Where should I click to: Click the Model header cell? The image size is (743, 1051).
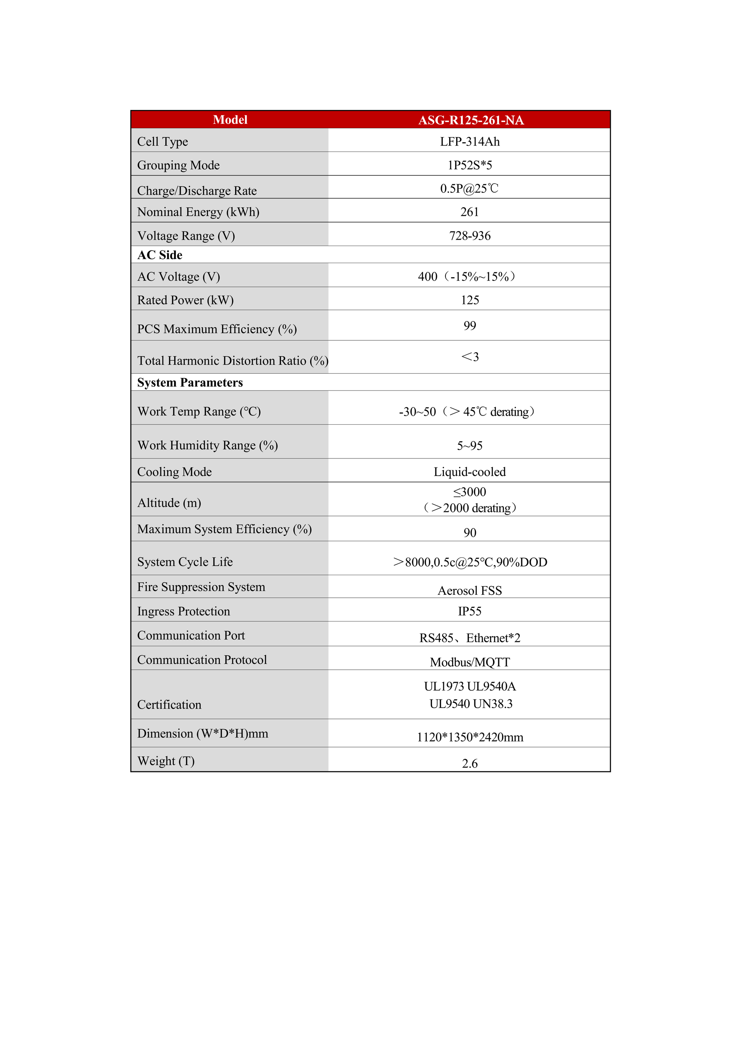pyautogui.click(x=230, y=120)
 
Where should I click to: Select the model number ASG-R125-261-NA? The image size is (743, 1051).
pyautogui.click(x=471, y=120)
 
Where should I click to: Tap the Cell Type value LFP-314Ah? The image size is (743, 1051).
pyautogui.click(x=470, y=142)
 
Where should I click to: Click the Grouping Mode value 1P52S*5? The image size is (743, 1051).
pyautogui.click(x=470, y=165)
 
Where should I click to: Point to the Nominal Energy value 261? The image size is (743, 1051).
pyautogui.click(x=469, y=212)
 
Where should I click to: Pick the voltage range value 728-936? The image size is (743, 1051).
pyautogui.click(x=470, y=236)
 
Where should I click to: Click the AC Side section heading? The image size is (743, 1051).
pyautogui.click(x=160, y=255)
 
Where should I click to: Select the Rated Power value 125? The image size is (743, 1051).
pyautogui.click(x=470, y=300)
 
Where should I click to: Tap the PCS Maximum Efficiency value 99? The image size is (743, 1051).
pyautogui.click(x=470, y=325)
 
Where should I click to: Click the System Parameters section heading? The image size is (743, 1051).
pyautogui.click(x=190, y=383)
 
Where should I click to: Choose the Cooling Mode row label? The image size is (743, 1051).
pyautogui.click(x=175, y=472)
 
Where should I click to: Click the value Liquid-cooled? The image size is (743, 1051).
pyautogui.click(x=470, y=472)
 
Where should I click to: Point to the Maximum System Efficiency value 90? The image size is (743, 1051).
pyautogui.click(x=470, y=533)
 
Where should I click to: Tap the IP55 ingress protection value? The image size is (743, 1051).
pyautogui.click(x=470, y=612)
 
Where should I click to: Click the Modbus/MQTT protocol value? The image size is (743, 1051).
pyautogui.click(x=470, y=662)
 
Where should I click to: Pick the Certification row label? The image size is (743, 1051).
pyautogui.click(x=169, y=705)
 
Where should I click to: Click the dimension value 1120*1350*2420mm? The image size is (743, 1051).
pyautogui.click(x=470, y=737)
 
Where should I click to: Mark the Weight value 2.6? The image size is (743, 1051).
pyautogui.click(x=470, y=763)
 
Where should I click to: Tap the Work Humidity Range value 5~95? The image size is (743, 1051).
pyautogui.click(x=470, y=446)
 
